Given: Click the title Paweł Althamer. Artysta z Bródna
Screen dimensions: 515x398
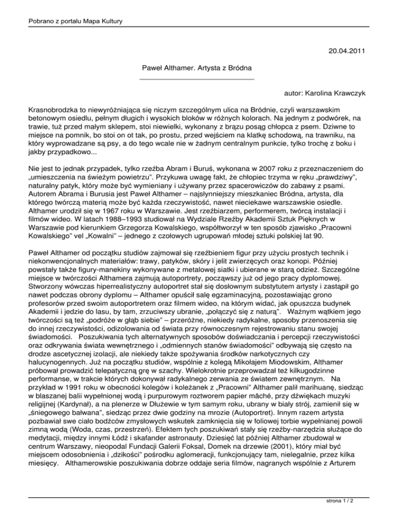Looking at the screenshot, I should coord(197,68).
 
